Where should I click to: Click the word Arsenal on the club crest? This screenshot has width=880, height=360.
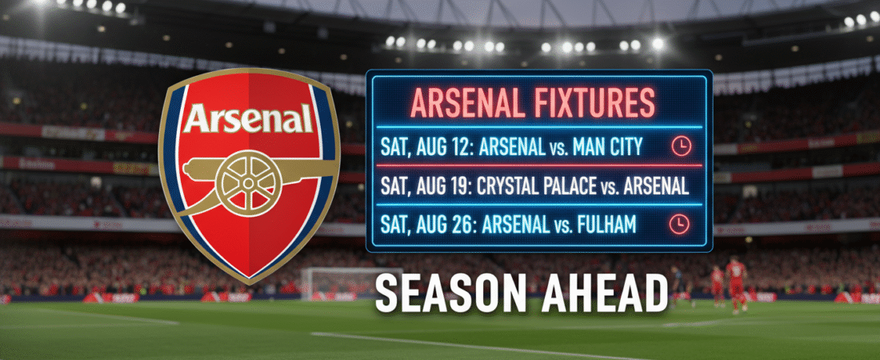(x=247, y=120)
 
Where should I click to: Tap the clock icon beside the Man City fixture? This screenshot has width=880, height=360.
(x=680, y=146)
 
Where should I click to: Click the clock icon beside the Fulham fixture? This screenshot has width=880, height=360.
(x=680, y=223)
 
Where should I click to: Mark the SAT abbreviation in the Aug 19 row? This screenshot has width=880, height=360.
(x=394, y=186)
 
